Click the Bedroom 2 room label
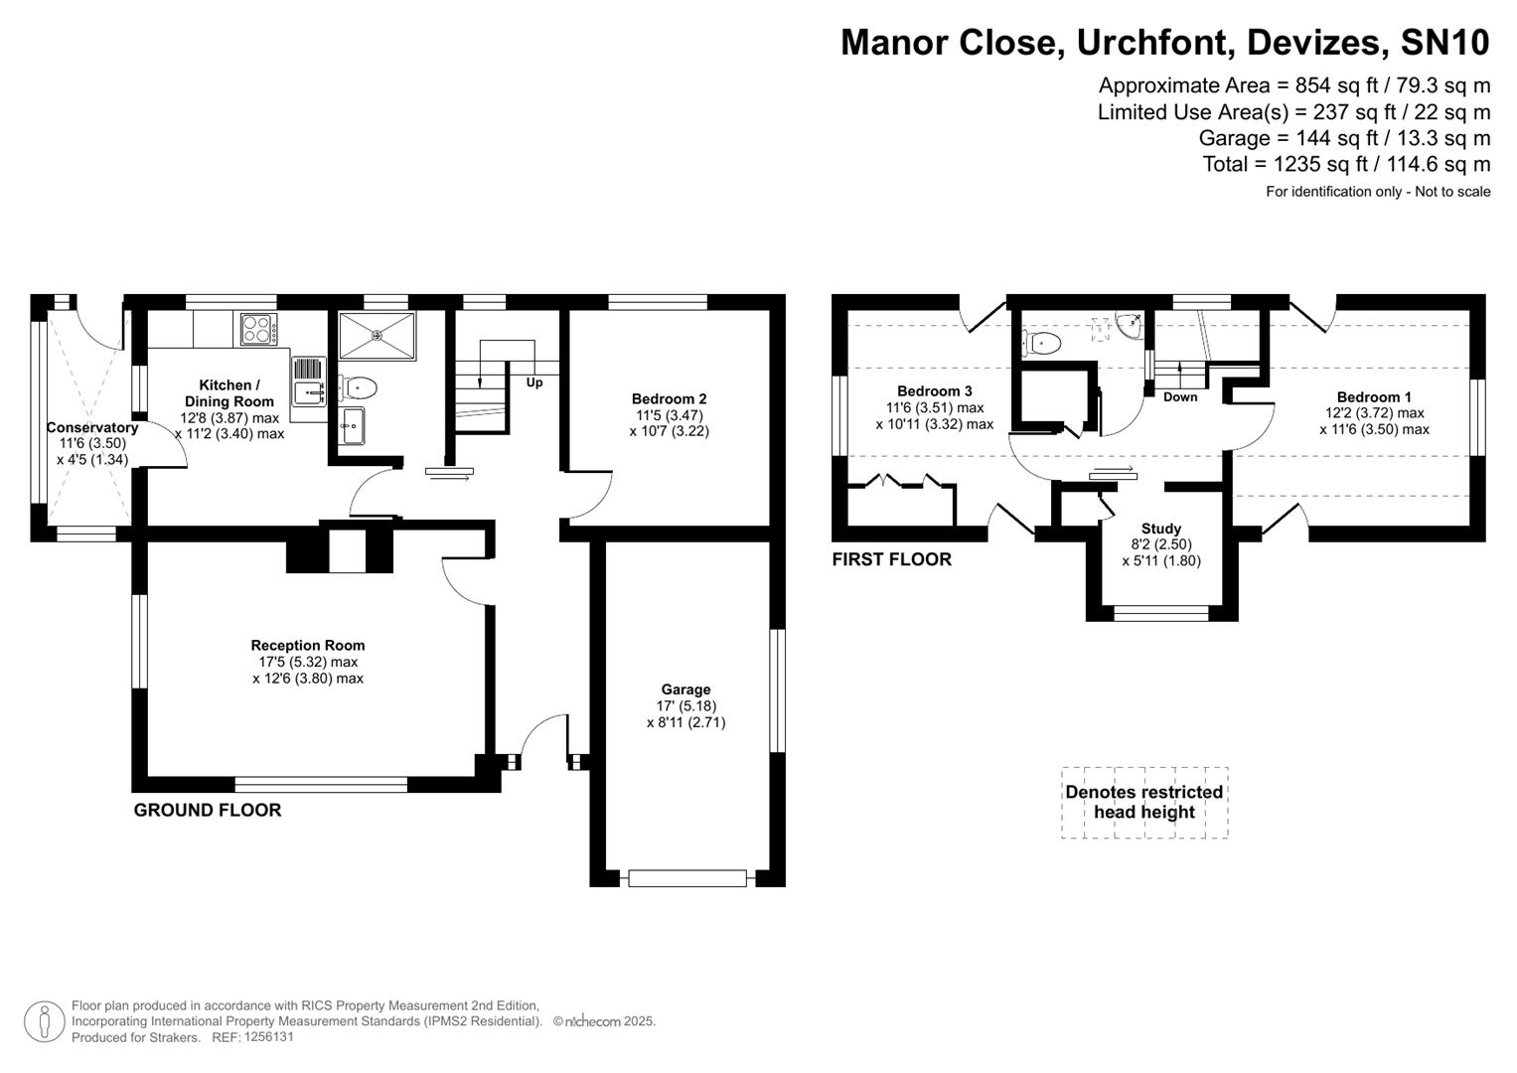669,398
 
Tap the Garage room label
685,690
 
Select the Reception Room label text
307,646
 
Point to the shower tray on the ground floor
377,335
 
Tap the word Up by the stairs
534,383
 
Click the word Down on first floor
1179,396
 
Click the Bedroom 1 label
1373,396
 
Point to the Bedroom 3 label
934,391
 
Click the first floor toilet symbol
1044,344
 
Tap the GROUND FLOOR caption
208,810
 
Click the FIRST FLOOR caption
891,559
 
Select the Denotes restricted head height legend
1143,802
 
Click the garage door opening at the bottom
686,878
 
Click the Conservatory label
91,428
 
